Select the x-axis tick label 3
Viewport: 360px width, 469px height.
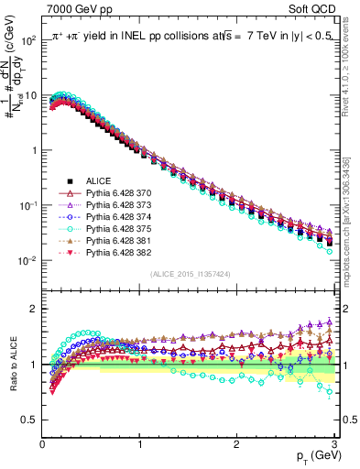coord(333,442)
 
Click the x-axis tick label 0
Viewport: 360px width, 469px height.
coord(42,442)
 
